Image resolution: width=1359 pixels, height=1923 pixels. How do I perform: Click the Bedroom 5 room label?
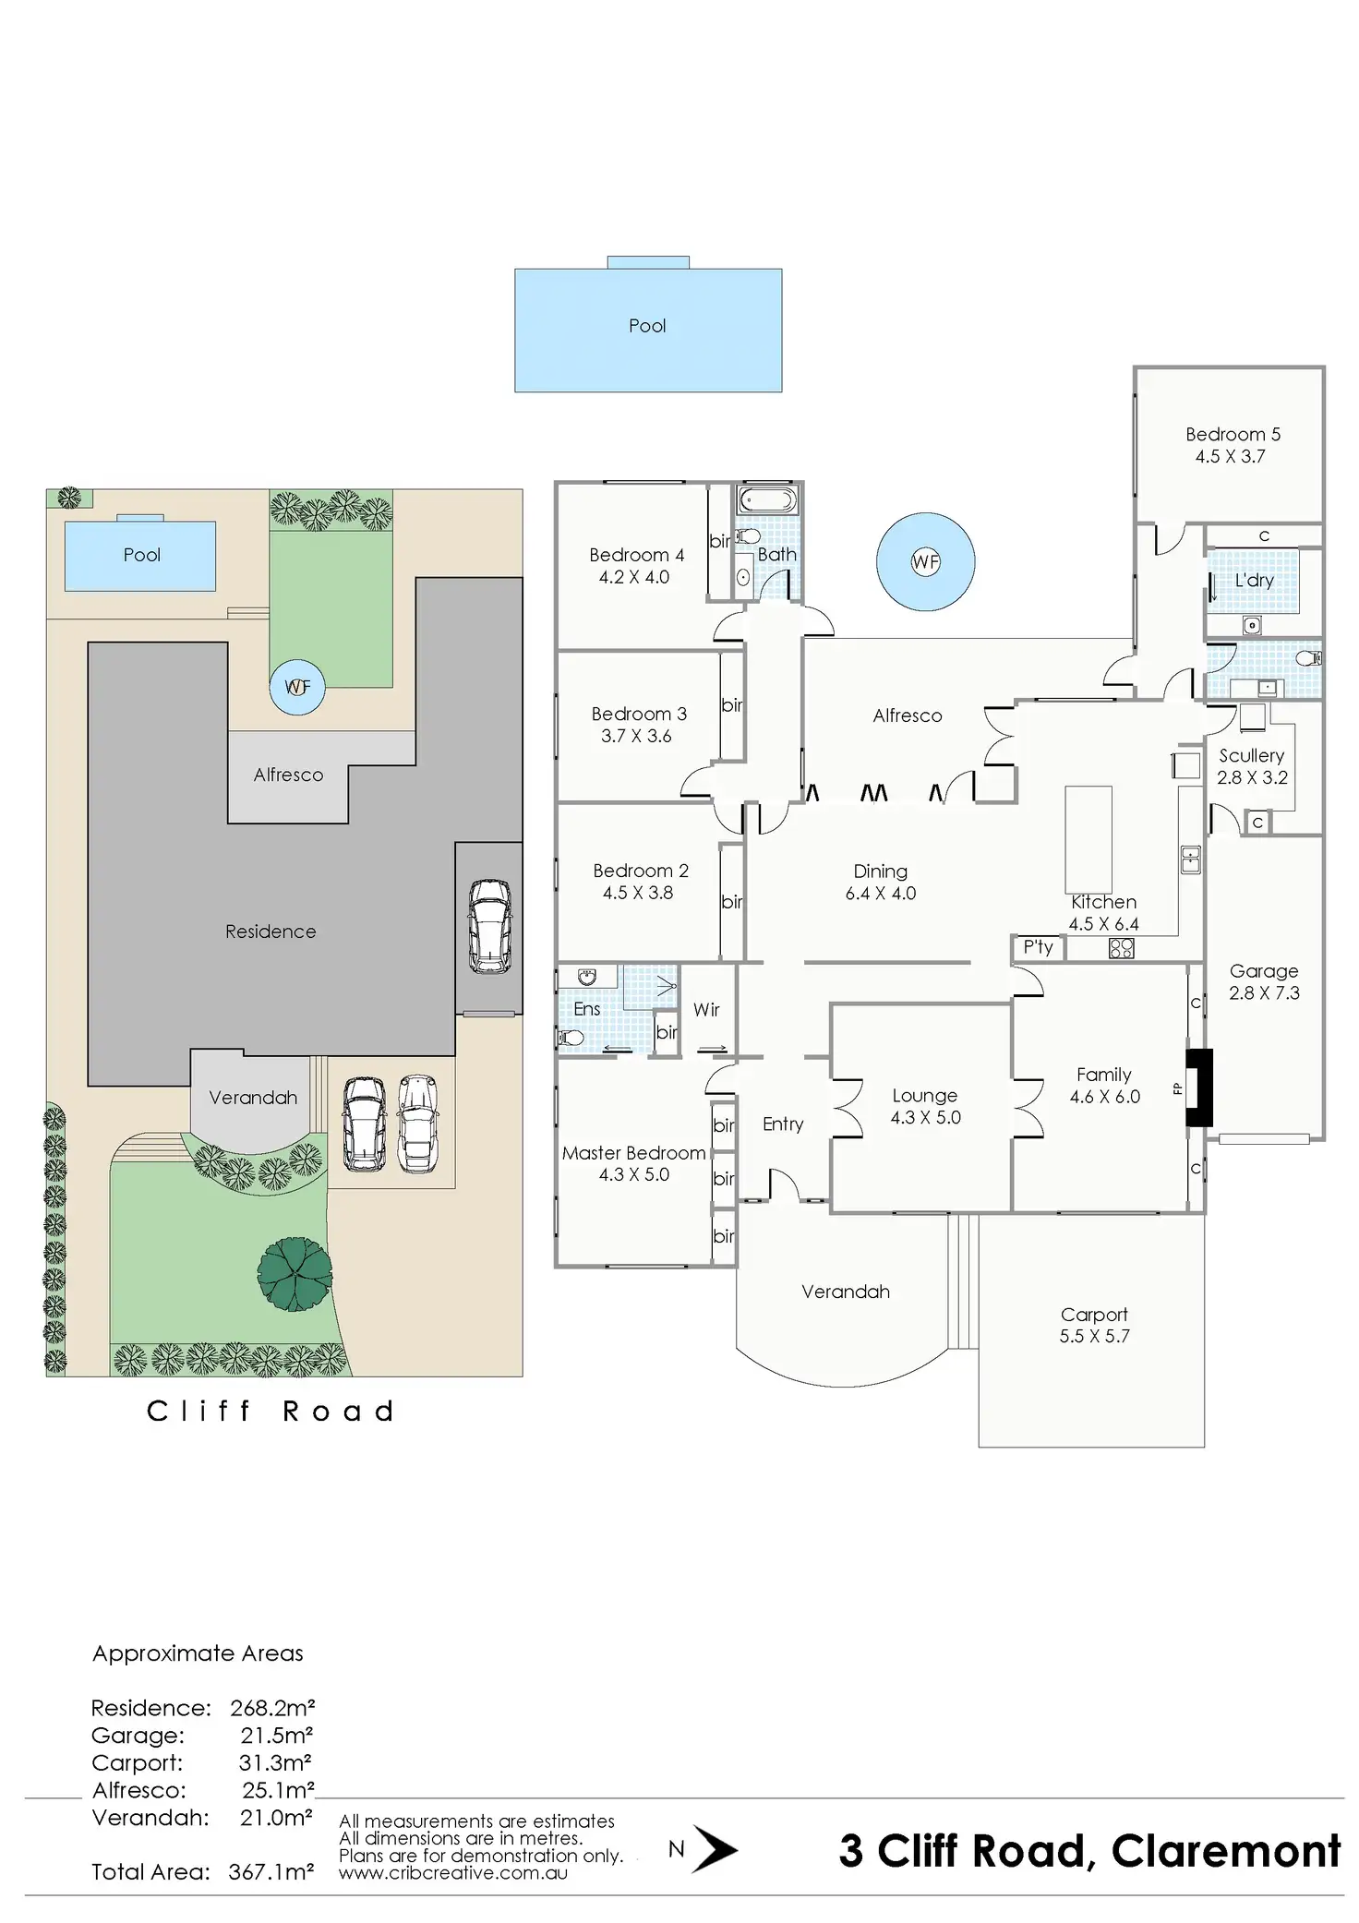pos(1233,434)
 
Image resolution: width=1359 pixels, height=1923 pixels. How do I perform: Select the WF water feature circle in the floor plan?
pos(925,561)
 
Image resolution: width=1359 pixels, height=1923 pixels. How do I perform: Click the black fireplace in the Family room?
pos(1199,1087)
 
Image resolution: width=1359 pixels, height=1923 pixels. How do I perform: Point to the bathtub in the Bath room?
pos(767,501)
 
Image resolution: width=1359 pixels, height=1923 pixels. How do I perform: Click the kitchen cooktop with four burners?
pos(1121,947)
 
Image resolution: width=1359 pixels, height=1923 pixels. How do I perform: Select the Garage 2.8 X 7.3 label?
pos(1264,982)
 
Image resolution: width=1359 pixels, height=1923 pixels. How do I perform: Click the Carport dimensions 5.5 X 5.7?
pos(1094,1336)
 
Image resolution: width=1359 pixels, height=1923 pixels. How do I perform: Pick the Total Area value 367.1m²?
pos(271,1871)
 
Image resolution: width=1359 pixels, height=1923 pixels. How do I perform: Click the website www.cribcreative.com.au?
pos(452,1873)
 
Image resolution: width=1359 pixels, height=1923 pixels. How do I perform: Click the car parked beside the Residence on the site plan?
pos(488,925)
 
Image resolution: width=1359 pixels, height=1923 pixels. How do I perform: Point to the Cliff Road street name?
pos(271,1411)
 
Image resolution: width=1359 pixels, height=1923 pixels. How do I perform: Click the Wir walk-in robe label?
pos(706,1010)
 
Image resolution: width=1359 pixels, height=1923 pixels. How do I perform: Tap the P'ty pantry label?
pos(1038,946)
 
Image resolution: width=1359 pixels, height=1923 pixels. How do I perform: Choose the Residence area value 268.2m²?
pos(272,1708)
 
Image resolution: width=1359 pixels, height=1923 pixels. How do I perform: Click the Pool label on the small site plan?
pos(141,555)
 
